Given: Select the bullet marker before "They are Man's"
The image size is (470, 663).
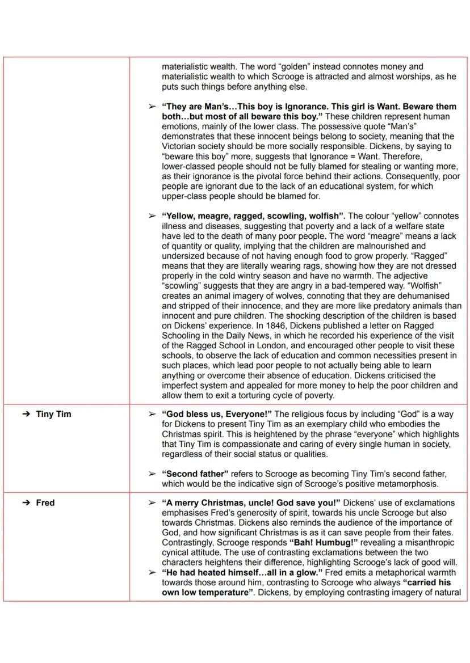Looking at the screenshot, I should (152, 107).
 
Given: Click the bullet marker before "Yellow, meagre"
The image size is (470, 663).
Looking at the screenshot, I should (152, 216).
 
